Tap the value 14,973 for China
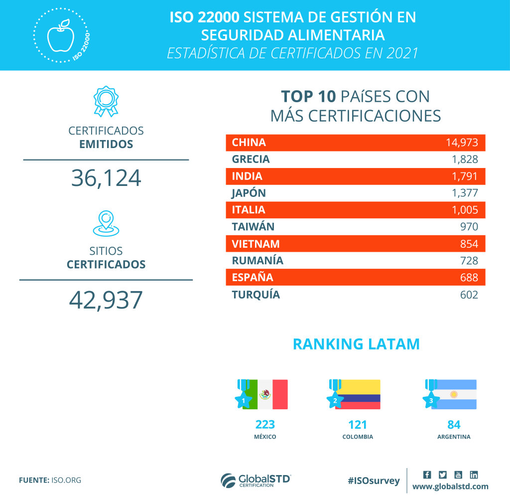(x=462, y=143)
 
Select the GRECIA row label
(x=251, y=160)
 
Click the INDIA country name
(x=247, y=176)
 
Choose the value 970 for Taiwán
(x=469, y=227)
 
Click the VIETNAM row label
(x=255, y=244)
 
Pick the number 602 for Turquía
(x=469, y=295)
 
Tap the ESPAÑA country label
(x=253, y=278)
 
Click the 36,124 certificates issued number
(x=106, y=178)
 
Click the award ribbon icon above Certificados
(x=106, y=101)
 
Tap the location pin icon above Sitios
(x=106, y=223)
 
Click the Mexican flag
(x=266, y=394)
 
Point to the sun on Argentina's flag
(x=454, y=394)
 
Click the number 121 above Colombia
(x=358, y=425)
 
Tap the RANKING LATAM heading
(x=356, y=344)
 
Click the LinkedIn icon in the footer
(x=474, y=475)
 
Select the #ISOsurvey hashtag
(x=374, y=481)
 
